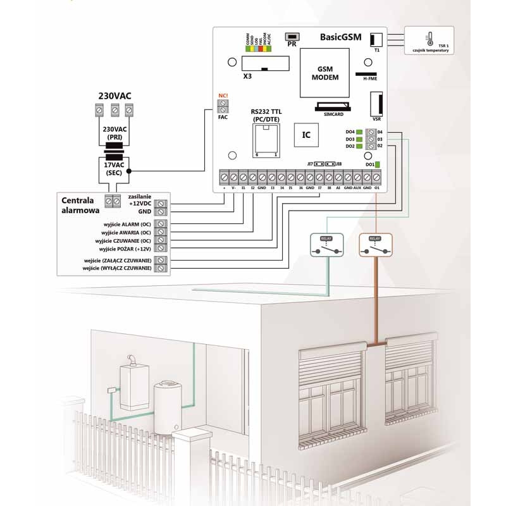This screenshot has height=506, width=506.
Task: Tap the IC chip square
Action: (x=306, y=135)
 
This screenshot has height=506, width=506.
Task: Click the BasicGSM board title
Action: (x=340, y=38)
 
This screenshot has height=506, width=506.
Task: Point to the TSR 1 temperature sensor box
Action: (x=430, y=41)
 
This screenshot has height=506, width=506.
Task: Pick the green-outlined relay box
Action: (x=327, y=244)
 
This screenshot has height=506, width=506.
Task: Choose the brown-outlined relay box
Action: (x=376, y=244)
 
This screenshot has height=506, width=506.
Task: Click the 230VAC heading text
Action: (x=114, y=96)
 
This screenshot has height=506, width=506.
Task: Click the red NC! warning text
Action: (x=223, y=96)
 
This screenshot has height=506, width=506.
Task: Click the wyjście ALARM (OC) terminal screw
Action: (x=162, y=225)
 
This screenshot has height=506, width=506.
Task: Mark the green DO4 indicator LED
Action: (x=359, y=132)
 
